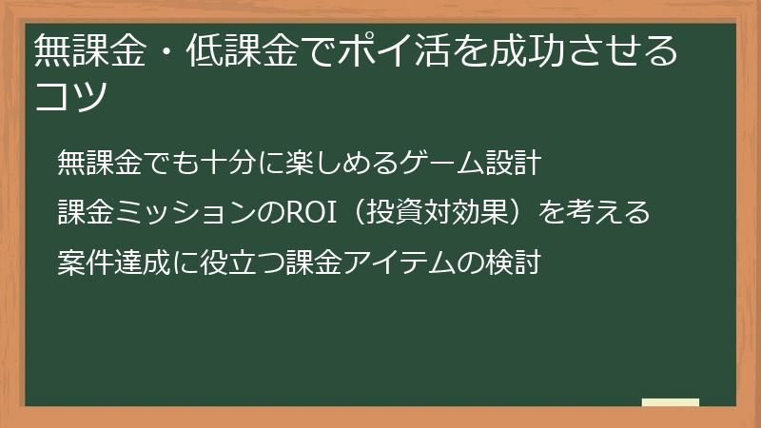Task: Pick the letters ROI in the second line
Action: pos(311,212)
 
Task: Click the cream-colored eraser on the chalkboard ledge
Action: pos(670,403)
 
